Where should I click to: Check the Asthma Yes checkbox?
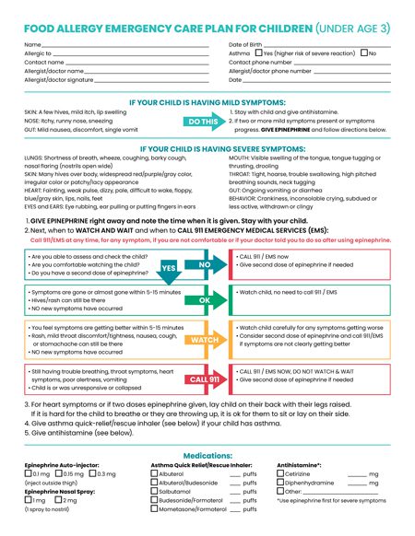tap(259, 53)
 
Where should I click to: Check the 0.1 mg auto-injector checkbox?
tap(28, 473)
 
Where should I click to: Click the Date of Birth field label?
tap(246, 44)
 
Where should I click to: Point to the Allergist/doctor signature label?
tap(59, 80)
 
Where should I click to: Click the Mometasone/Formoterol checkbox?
tap(155, 509)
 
